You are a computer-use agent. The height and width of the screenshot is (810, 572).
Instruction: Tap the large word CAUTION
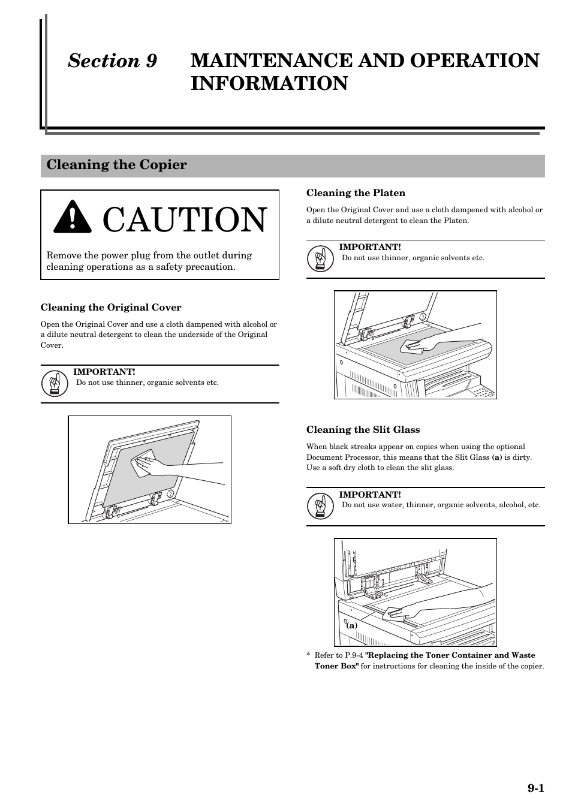pyautogui.click(x=184, y=220)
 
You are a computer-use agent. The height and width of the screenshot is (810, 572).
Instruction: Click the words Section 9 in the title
pyautogui.click(x=112, y=61)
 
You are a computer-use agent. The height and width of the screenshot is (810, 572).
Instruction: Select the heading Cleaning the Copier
pyautogui.click(x=117, y=165)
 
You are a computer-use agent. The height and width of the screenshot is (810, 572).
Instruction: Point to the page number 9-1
pyautogui.click(x=535, y=788)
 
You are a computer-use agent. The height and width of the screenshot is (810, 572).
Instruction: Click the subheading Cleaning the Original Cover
pyautogui.click(x=111, y=308)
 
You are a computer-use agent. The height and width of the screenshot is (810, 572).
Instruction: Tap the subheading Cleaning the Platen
pyautogui.click(x=356, y=193)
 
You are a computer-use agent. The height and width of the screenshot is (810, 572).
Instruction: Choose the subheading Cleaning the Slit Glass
pyautogui.click(x=363, y=430)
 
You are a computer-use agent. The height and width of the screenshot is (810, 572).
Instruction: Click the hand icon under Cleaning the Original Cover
pyautogui.click(x=55, y=384)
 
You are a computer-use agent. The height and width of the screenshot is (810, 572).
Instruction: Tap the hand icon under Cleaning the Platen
pyautogui.click(x=320, y=259)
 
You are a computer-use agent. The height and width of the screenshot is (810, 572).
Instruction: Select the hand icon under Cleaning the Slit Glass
pyautogui.click(x=320, y=507)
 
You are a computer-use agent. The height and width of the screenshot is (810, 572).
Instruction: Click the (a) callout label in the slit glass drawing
pyautogui.click(x=351, y=625)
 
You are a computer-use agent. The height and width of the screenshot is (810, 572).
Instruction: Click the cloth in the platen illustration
pyautogui.click(x=413, y=344)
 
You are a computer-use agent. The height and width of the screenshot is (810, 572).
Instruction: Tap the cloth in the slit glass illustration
pyautogui.click(x=393, y=612)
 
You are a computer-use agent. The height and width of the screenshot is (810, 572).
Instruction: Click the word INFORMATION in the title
pyautogui.click(x=269, y=83)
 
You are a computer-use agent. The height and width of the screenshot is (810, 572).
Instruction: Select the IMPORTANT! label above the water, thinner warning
pyautogui.click(x=369, y=495)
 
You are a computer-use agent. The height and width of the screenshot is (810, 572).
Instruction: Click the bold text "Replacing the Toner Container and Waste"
pyautogui.click(x=450, y=655)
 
